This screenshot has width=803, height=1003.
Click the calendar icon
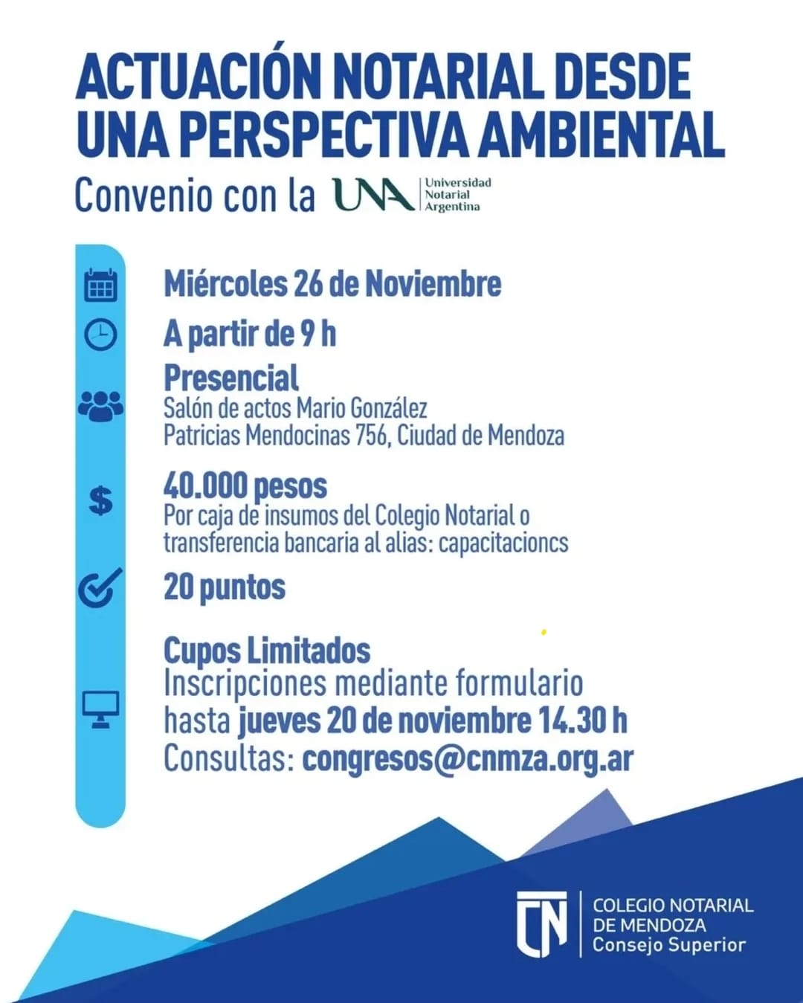tap(100, 285)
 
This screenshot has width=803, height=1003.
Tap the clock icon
tap(100, 334)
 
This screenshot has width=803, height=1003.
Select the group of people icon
tap(100, 407)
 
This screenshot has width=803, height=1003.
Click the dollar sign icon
tap(100, 500)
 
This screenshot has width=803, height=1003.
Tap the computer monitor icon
tap(100, 709)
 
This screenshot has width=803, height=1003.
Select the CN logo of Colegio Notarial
tap(541, 923)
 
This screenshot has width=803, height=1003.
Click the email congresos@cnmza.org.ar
tap(468, 759)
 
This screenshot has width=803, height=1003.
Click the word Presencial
tap(231, 378)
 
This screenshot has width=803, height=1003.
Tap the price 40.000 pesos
tap(245, 486)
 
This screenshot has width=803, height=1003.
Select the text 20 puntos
tap(225, 587)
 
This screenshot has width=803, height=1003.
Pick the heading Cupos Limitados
tap(267, 651)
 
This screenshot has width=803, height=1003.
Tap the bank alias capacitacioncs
tap(503, 543)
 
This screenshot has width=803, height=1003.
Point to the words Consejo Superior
tap(668, 945)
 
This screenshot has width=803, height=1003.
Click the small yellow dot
tap(544, 632)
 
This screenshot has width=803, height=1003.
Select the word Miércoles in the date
tap(225, 284)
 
